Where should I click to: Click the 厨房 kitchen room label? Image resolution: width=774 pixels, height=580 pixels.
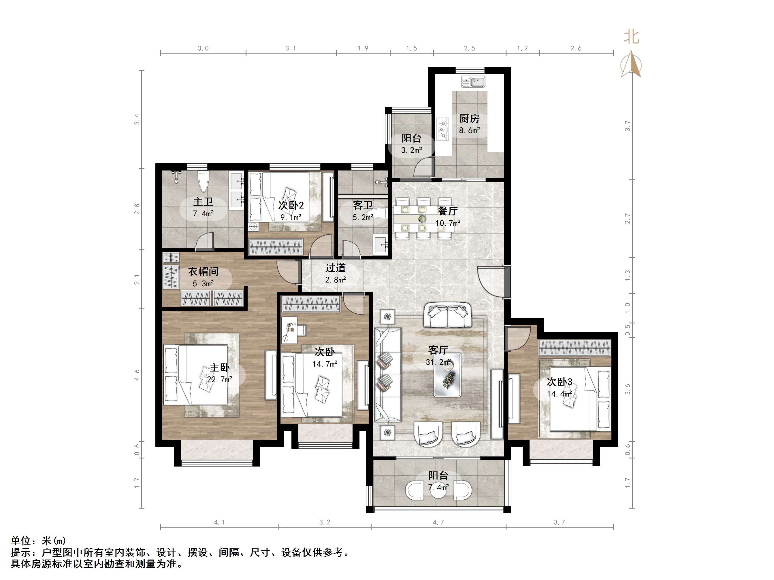(x=469, y=119)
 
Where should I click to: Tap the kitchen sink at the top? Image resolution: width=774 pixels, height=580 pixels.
(x=473, y=82)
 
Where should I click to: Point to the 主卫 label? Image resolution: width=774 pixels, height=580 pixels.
(x=203, y=202)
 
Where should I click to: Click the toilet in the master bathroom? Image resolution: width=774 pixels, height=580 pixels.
(x=203, y=181)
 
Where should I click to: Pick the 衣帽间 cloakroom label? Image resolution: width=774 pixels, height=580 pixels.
(x=203, y=271)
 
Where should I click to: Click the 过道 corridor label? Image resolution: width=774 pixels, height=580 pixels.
(x=336, y=268)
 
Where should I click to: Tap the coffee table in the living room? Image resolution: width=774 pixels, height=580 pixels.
(x=447, y=374)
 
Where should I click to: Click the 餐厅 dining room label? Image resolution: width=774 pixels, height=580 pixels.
(x=447, y=211)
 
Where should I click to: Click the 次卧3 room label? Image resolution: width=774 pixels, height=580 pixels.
(x=560, y=382)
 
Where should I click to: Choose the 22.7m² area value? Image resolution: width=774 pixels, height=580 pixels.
(x=220, y=379)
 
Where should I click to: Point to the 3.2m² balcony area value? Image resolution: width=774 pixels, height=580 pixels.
(x=411, y=150)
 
